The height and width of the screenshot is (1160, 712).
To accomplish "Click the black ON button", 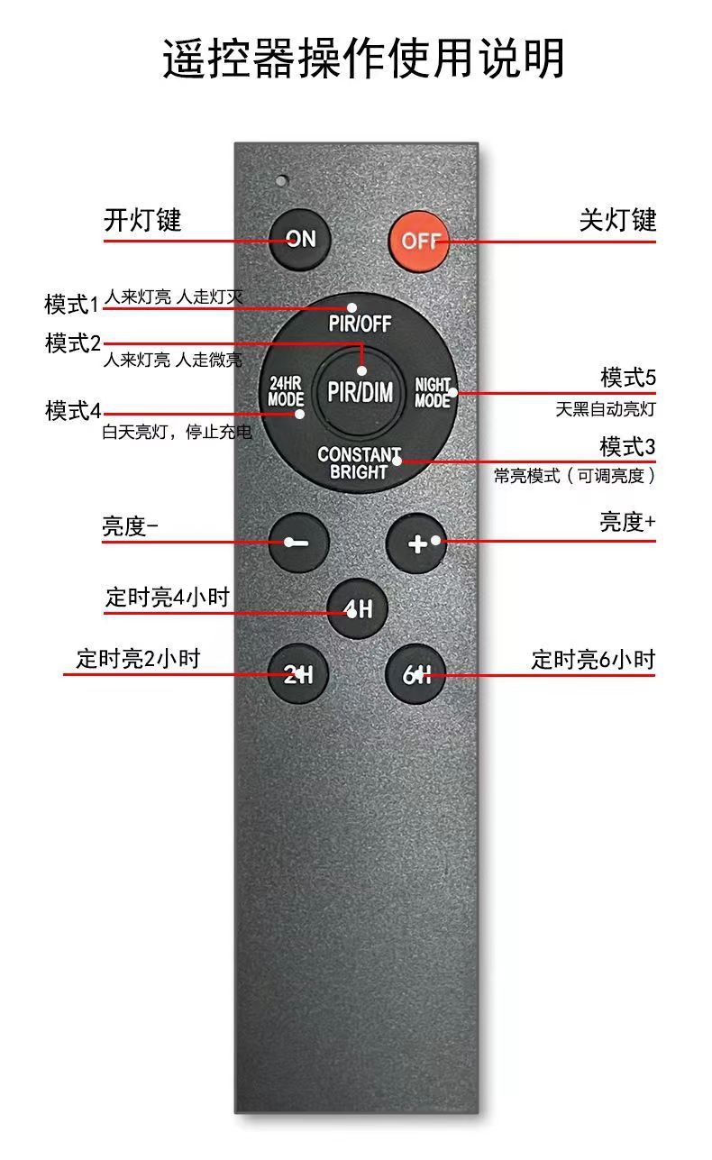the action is (x=301, y=239).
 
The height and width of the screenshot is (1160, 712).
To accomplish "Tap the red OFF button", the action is (x=420, y=241).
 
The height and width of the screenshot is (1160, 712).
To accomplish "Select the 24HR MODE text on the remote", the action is (x=286, y=391).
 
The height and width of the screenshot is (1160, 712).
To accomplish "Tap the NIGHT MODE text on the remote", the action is (x=433, y=392).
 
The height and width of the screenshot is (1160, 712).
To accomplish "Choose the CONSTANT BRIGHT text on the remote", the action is (x=359, y=463).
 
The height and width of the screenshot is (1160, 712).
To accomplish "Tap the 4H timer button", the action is (x=358, y=609).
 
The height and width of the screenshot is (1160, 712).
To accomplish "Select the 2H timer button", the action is (x=299, y=673).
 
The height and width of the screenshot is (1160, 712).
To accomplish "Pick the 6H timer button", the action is (x=416, y=673).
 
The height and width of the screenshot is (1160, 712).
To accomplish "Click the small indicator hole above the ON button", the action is (x=282, y=180).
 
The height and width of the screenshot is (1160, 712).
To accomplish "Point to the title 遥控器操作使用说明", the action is (x=363, y=59).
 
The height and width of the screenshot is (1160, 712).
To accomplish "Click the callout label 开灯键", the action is (x=142, y=220).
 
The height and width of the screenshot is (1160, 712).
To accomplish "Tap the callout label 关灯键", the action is (x=617, y=220).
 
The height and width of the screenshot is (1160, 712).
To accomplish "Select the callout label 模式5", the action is (x=628, y=377).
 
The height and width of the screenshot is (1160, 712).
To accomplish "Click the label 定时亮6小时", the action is (x=593, y=659).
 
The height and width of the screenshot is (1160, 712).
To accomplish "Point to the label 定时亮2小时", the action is (x=138, y=658).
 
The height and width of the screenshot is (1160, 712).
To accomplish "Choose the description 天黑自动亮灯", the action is (x=605, y=409).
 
